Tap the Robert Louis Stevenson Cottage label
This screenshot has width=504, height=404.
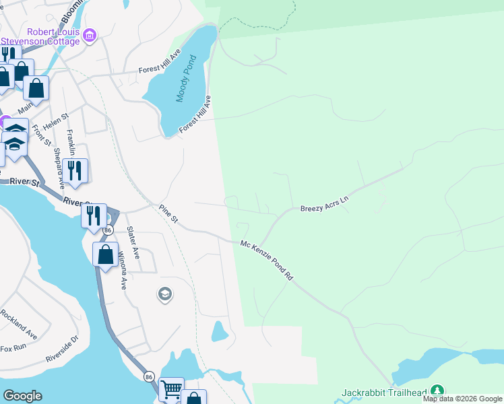tap(53, 36)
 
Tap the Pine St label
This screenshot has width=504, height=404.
tap(168, 215)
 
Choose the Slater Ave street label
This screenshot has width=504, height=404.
tap(133, 242)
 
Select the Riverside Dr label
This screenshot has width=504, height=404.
tap(62, 349)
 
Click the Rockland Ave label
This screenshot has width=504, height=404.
tap(18, 323)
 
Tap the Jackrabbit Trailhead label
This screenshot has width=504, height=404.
tap(384, 392)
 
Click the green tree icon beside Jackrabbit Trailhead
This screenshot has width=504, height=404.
tap(437, 391)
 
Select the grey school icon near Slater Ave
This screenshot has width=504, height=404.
tap(164, 294)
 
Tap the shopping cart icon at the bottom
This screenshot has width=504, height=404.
tap(171, 389)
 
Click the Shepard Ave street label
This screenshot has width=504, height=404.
tap(59, 168)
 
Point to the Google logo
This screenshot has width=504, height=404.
tap(22, 396)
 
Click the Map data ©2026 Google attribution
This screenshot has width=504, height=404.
tap(462, 399)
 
